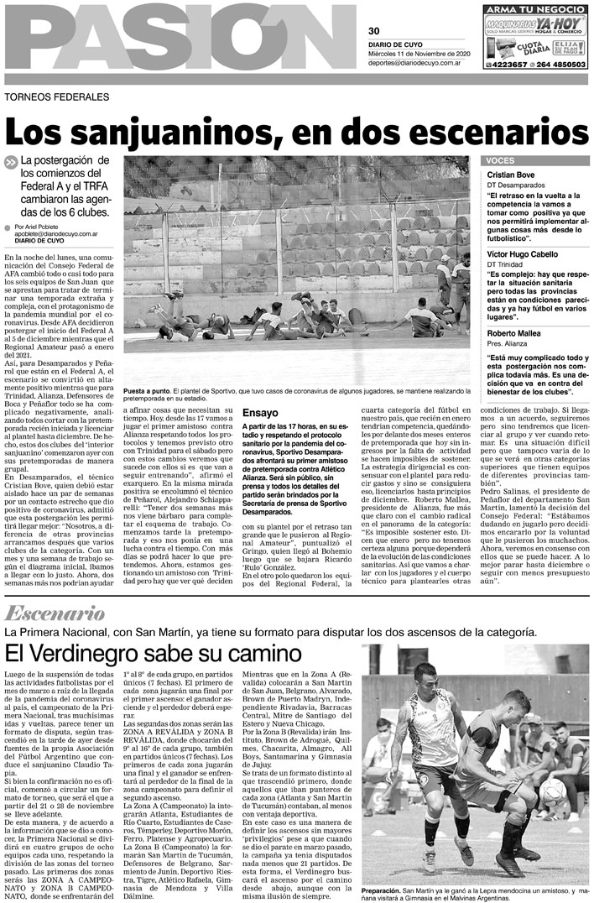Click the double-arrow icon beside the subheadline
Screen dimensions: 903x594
[x=11, y=163]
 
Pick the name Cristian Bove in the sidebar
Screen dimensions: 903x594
[x=511, y=174]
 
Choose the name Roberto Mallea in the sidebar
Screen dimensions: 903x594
[x=514, y=333]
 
